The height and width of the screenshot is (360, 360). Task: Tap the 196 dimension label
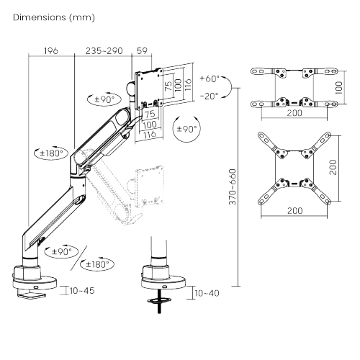(50, 51)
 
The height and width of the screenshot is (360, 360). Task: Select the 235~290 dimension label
(104, 51)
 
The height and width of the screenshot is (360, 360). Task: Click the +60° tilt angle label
(210, 79)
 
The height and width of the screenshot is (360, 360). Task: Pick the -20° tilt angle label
(210, 96)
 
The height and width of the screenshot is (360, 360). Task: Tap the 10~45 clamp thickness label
(81, 291)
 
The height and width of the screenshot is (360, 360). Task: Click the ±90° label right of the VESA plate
(187, 130)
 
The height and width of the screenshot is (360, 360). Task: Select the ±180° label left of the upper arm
(50, 153)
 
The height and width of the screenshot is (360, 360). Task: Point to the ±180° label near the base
(97, 264)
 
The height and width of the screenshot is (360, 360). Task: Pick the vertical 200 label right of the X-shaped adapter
(333, 168)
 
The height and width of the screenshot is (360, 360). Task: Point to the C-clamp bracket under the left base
(30, 292)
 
